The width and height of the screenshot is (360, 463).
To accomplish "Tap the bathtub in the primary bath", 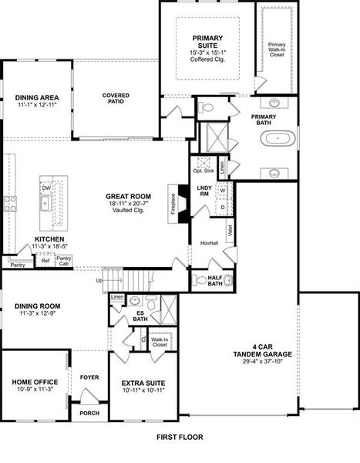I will point(276,140).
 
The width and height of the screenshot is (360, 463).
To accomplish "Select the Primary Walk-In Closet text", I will point(276,49).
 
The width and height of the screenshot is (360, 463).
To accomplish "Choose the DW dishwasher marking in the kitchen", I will point(46,188).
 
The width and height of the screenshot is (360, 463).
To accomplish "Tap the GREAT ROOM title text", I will point(127,196).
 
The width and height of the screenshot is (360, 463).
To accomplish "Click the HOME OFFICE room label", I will point(32,382).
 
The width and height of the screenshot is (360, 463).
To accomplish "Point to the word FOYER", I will point(89,377).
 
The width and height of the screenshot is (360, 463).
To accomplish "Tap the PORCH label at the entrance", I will point(89,414).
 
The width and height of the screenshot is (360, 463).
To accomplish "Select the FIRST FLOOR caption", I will point(178,437).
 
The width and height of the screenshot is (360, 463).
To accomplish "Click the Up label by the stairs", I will point(98,280).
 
